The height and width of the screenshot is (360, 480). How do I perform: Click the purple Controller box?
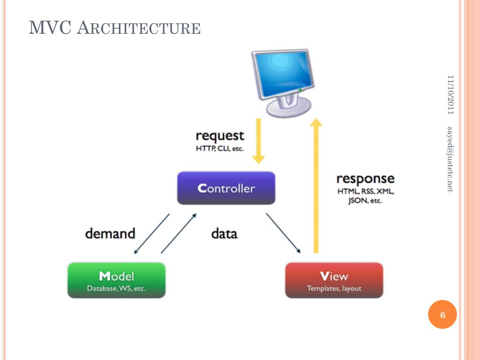pos(226,188)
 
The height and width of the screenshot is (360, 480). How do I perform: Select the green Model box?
pos(116,280)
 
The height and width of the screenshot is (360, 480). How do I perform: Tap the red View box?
pos(334,280)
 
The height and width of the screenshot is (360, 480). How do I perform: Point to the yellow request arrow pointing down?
pos(259,141)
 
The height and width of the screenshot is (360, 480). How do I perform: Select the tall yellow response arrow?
pos(316,187)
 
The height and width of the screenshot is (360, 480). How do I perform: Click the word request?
pos(220,136)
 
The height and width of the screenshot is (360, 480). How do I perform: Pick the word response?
pos(365,179)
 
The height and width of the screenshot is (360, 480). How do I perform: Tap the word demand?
pos(110,233)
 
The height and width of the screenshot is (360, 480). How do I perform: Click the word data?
pos(224,233)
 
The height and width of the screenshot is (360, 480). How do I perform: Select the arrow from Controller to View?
pos(283,233)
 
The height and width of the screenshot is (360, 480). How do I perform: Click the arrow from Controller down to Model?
pos(151,234)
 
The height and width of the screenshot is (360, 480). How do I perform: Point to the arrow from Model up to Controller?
pos(179,233)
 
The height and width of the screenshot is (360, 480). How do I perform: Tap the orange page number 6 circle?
pos(442,315)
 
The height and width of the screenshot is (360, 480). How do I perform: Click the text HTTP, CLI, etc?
pos(219,149)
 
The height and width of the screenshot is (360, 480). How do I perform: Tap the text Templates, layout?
pos(334,289)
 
